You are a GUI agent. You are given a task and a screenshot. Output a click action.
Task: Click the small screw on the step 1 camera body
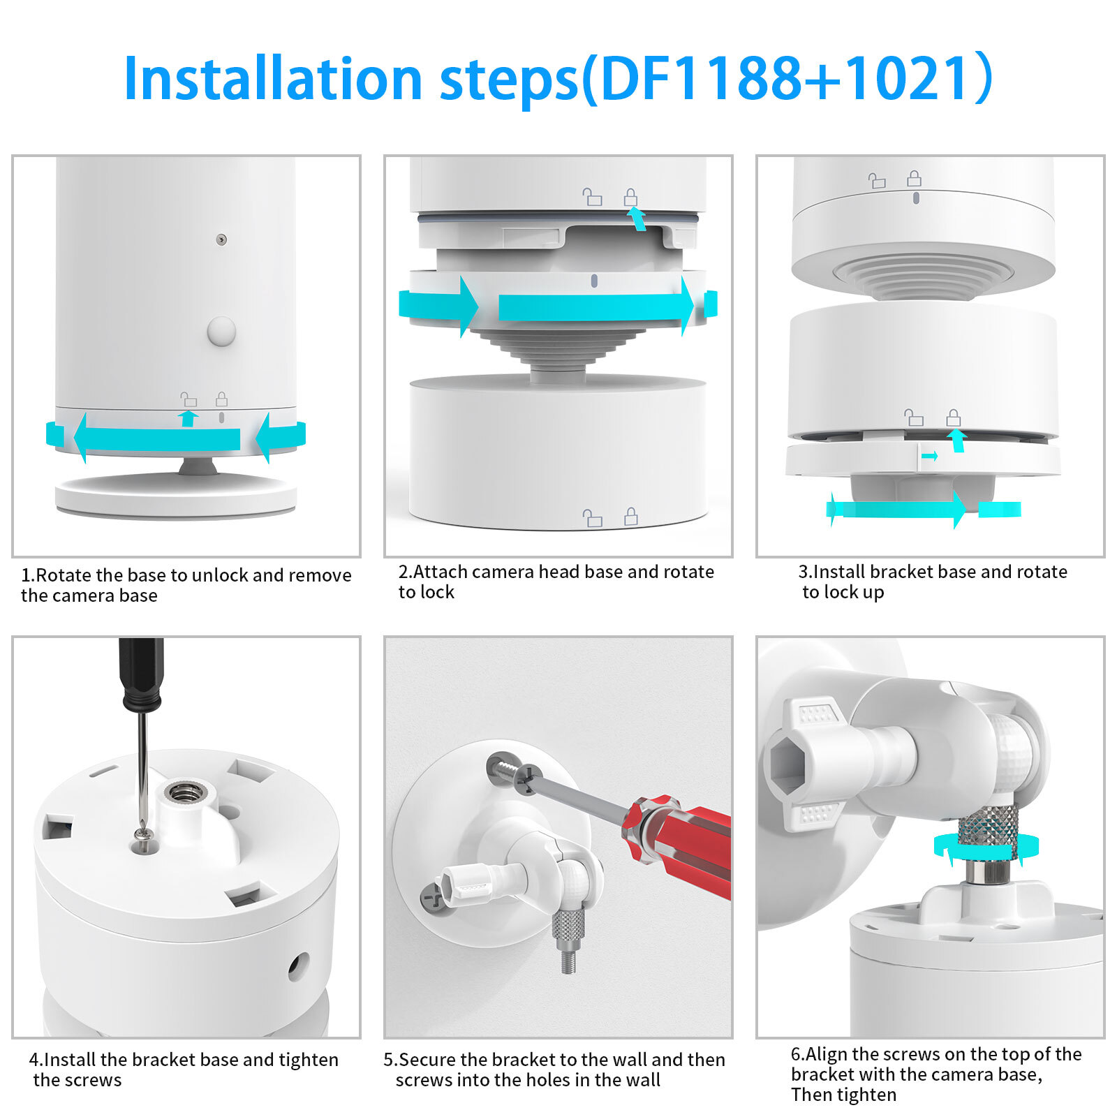point(221,239)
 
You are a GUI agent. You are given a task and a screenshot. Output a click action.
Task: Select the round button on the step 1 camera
point(222,331)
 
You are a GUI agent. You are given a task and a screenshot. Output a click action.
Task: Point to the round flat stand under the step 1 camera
point(176,495)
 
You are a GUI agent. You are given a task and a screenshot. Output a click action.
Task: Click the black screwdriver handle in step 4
point(142,674)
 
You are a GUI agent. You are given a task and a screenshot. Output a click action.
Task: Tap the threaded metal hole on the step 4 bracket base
point(185,794)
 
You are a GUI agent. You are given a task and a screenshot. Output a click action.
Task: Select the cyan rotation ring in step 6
point(986,847)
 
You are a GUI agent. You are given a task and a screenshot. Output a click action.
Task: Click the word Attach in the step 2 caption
point(438,572)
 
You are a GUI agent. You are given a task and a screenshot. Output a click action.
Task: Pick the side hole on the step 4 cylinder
point(299,966)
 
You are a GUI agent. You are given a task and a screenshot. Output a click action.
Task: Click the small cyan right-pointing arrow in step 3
point(930,457)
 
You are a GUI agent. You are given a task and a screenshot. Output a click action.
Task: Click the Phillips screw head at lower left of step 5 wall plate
point(434,896)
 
